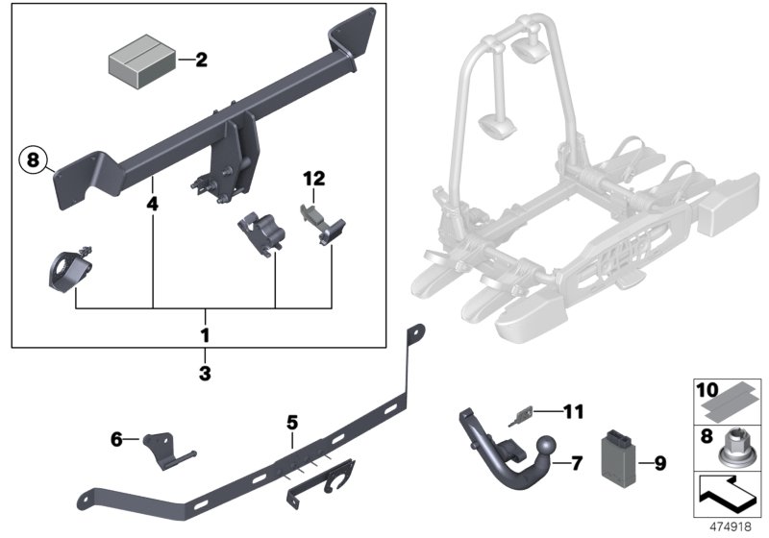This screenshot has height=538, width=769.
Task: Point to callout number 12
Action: point(314,179)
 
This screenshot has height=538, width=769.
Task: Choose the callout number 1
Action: point(204,338)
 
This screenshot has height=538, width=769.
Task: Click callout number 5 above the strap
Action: point(292,422)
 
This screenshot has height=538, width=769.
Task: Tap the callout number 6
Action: point(116,439)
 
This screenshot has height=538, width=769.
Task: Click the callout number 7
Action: point(577,464)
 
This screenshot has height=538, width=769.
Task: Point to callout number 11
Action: point(574,413)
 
